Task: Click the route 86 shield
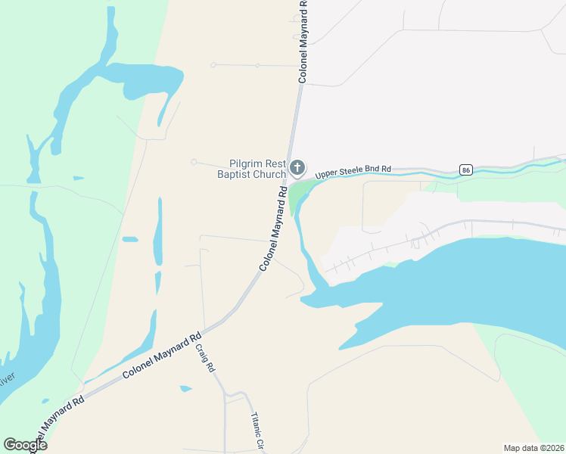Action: click(465, 169)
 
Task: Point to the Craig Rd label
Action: click(206, 358)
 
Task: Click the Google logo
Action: click(25, 445)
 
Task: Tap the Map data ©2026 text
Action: click(533, 447)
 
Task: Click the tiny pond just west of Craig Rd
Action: click(186, 389)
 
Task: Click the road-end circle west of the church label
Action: click(194, 161)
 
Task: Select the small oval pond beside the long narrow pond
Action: click(130, 240)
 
